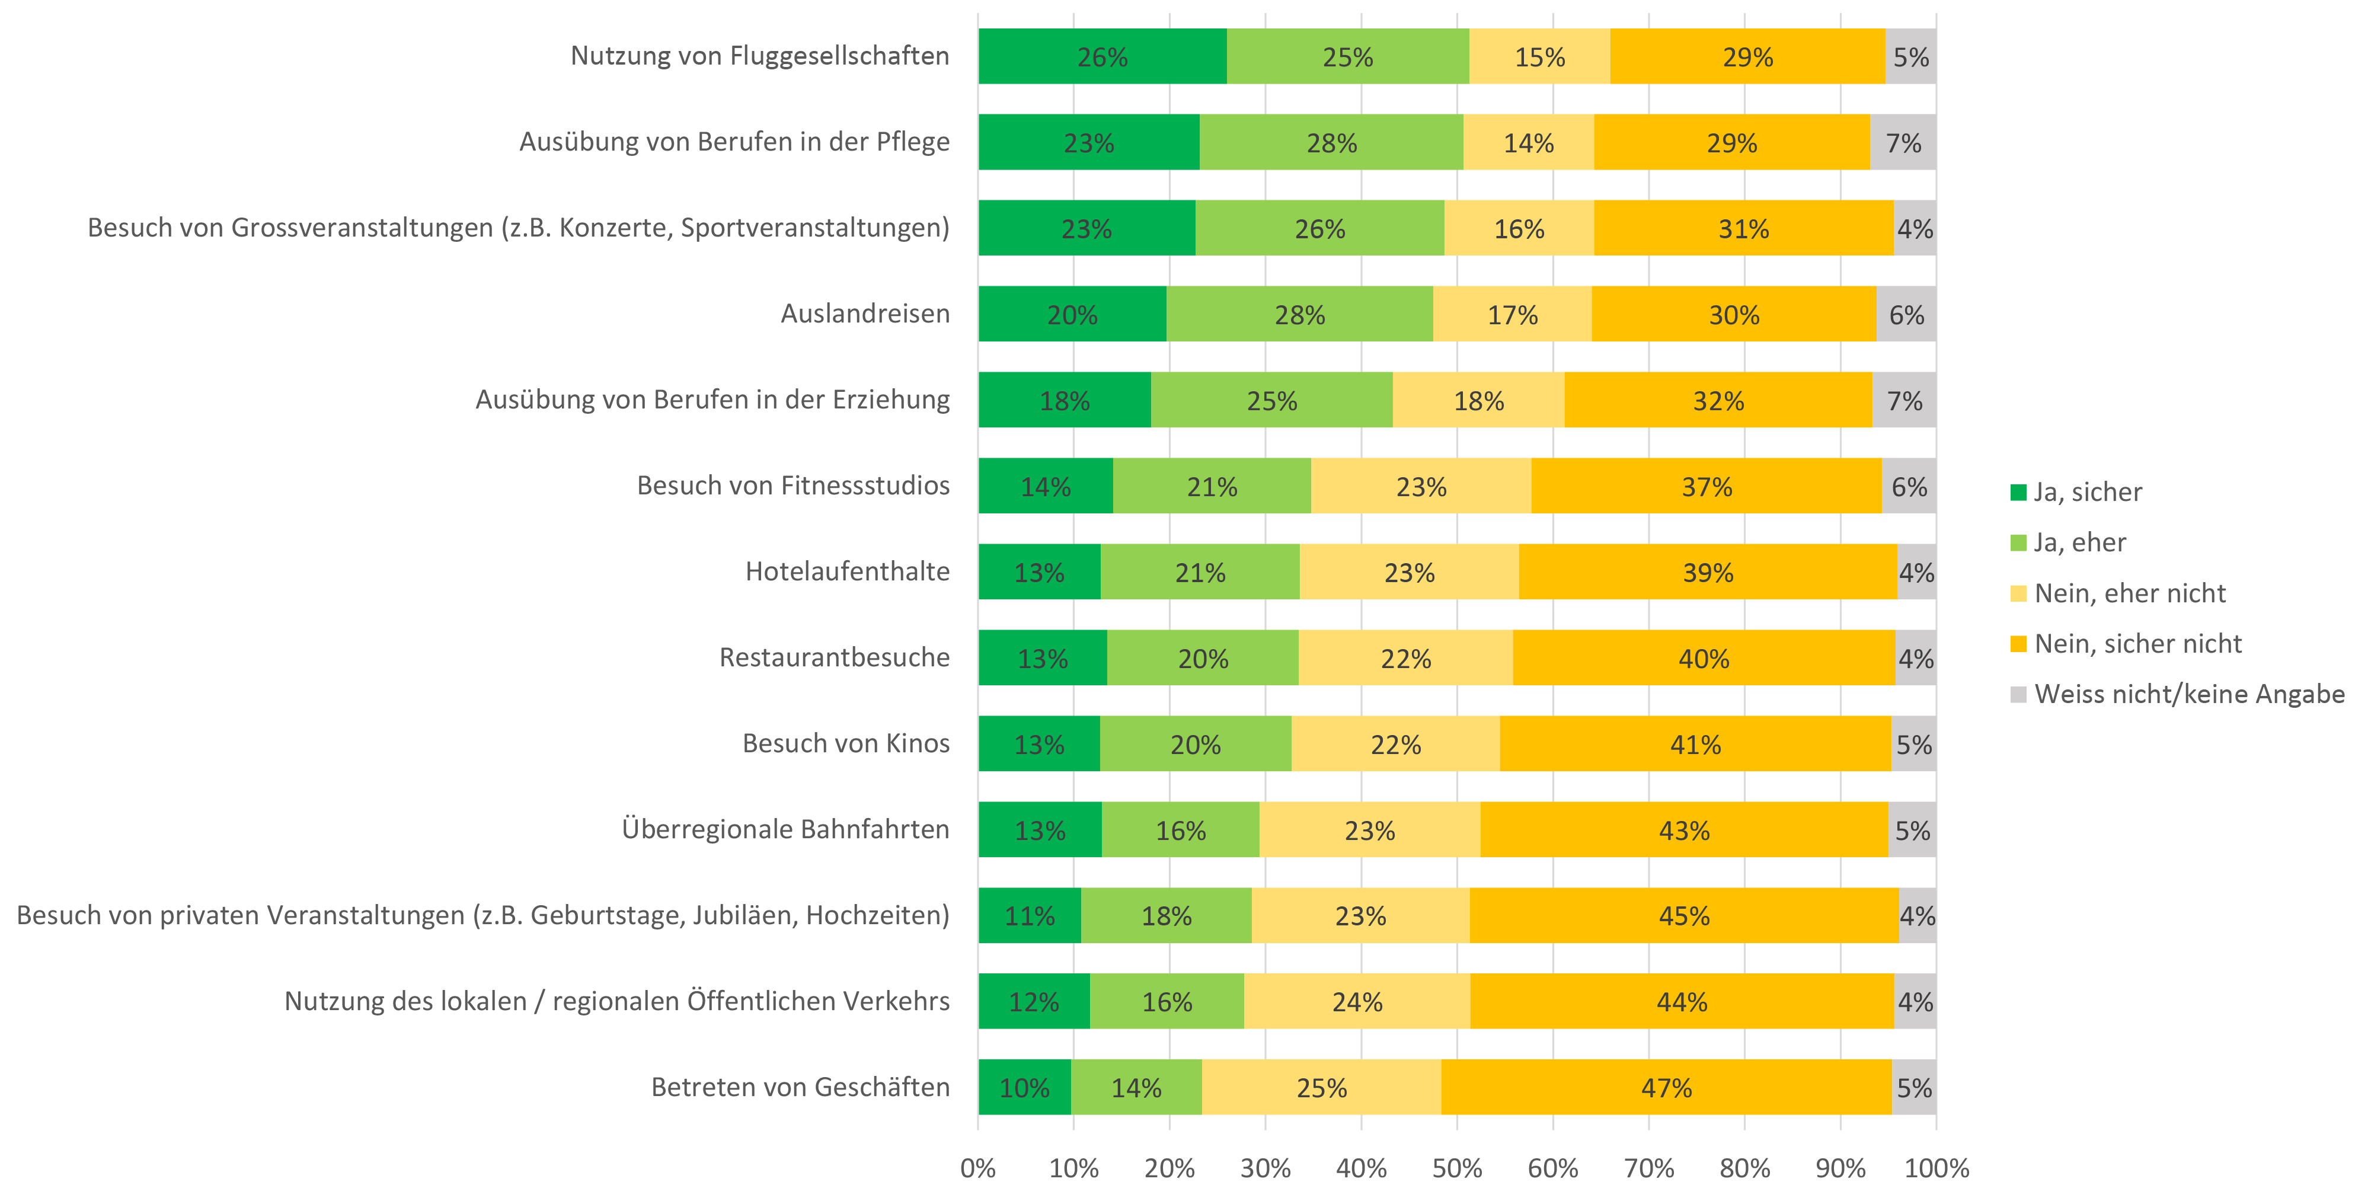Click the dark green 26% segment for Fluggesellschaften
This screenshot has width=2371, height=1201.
tap(1102, 56)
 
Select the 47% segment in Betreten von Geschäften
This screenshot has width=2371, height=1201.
tap(1666, 1087)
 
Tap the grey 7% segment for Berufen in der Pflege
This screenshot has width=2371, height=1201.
tap(1903, 143)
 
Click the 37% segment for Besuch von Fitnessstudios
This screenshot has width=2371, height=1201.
tap(1707, 486)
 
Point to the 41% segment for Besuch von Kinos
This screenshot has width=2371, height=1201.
tap(1695, 743)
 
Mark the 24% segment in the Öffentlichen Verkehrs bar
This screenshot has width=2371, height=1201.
tap(1357, 1001)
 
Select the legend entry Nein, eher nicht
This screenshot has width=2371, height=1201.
tap(2129, 593)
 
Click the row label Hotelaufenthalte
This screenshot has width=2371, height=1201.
tap(847, 571)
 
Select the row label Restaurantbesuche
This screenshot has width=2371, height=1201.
tap(834, 657)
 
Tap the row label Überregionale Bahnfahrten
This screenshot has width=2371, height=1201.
tap(785, 829)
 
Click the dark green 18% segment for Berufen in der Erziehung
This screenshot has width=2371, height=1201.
tap(1064, 400)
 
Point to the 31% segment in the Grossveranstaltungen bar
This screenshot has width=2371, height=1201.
tap(1743, 228)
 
